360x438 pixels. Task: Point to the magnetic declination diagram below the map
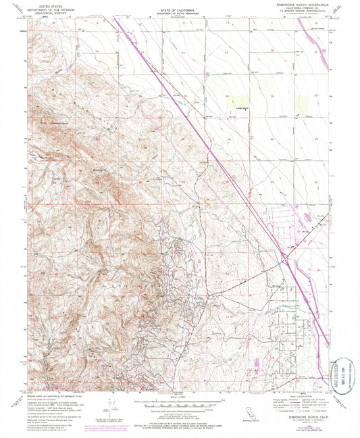(x=108, y=410)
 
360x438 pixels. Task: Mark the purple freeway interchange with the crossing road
(x=284, y=258)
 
